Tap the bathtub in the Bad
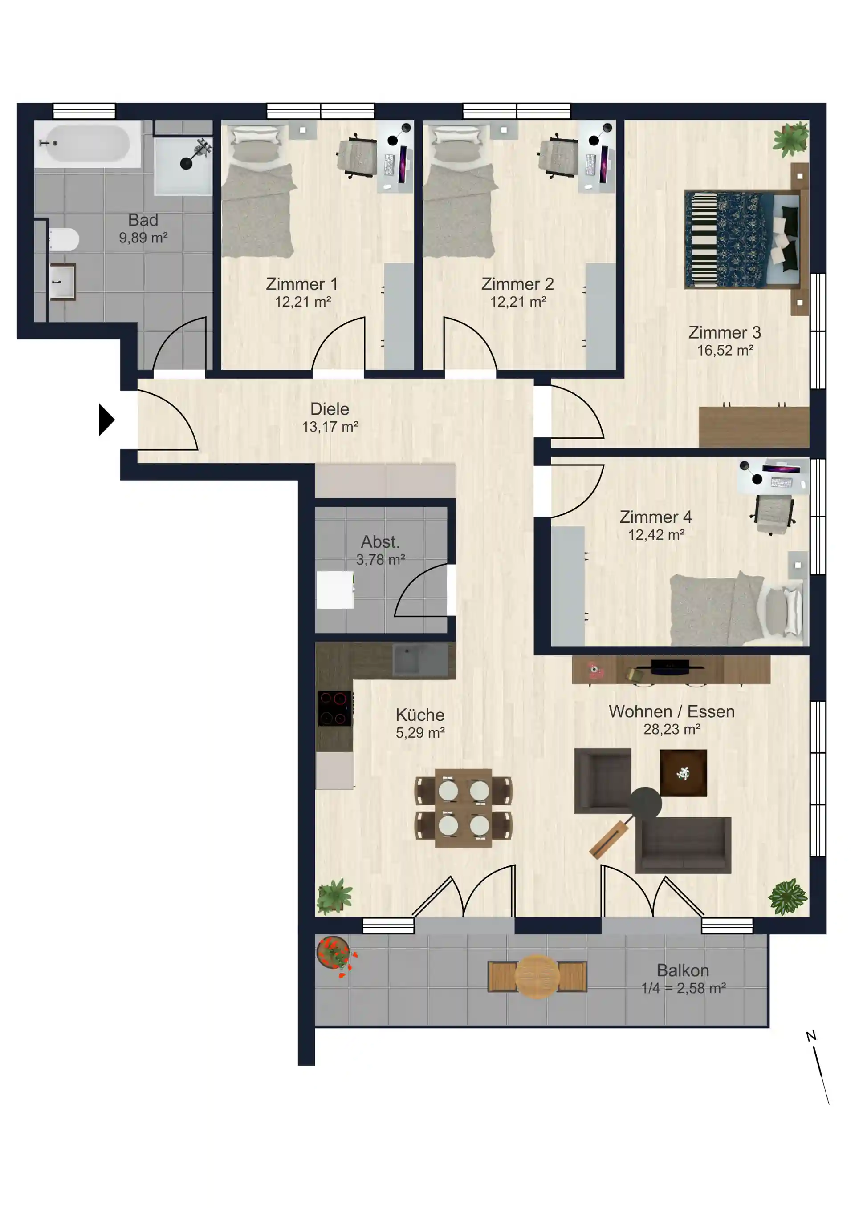[x=87, y=144]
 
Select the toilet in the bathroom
[x=63, y=240]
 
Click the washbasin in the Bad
[x=63, y=282]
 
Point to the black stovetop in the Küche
[x=335, y=708]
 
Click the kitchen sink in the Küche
[x=421, y=661]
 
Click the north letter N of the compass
[x=811, y=1036]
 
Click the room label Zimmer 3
[x=725, y=332]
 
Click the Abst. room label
[x=380, y=541]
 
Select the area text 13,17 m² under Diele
[x=330, y=427]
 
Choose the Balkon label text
[x=683, y=970]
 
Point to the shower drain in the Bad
[x=187, y=164]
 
